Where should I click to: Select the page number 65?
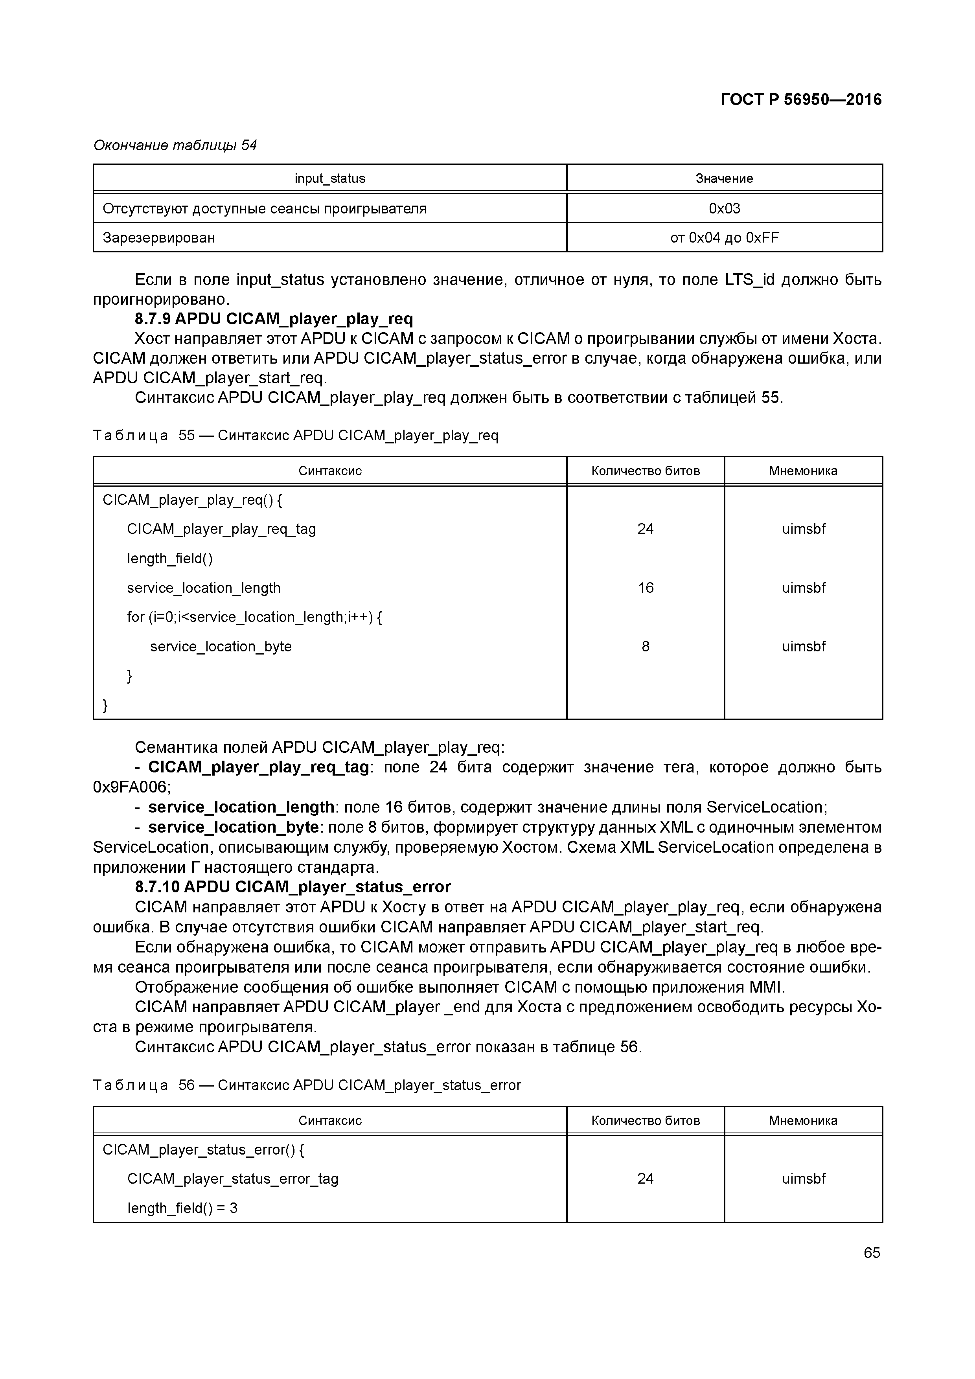871,1252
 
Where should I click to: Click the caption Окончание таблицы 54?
175,145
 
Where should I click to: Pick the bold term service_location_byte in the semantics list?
233,827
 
